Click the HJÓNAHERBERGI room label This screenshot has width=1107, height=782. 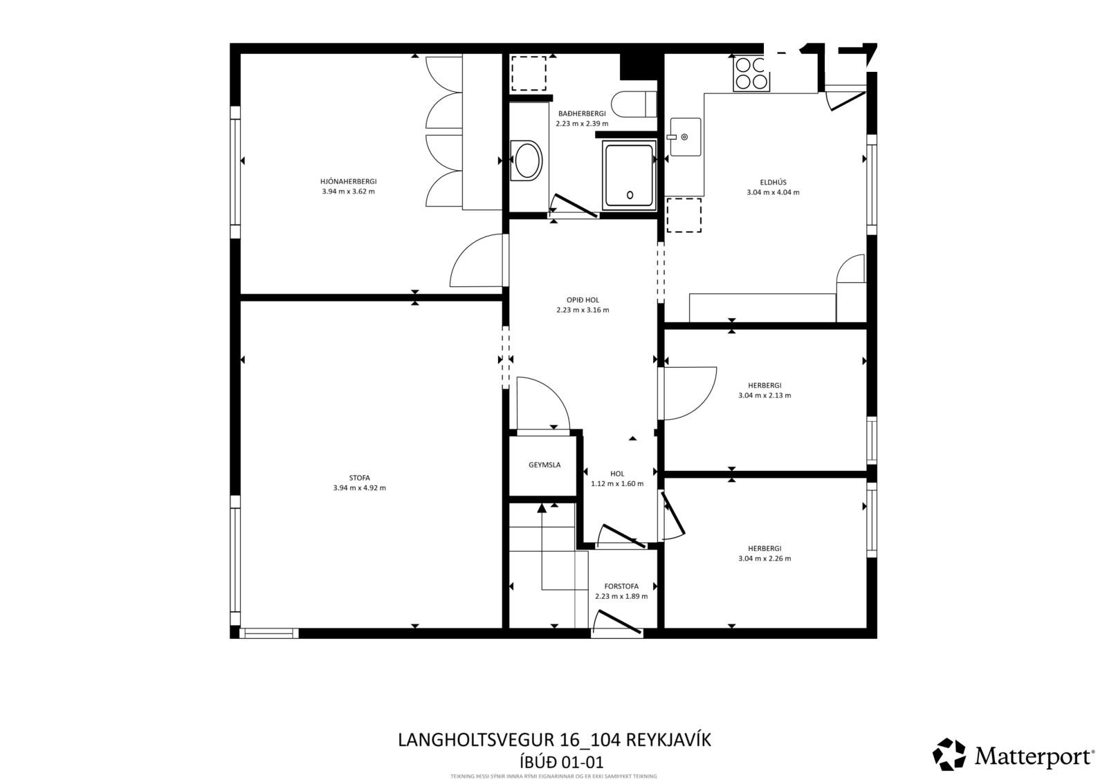click(x=349, y=182)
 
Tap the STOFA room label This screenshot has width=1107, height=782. click(x=359, y=478)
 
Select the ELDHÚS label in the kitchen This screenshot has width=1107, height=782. click(x=773, y=183)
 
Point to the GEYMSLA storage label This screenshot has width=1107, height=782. click(x=545, y=465)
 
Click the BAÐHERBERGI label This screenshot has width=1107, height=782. click(x=582, y=113)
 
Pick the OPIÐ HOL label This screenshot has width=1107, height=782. click(x=583, y=300)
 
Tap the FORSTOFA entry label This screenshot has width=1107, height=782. click(x=621, y=586)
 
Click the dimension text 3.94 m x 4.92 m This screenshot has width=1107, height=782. click(x=359, y=488)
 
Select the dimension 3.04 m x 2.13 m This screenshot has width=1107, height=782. click(x=765, y=395)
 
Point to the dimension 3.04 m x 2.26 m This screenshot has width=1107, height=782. click(x=765, y=559)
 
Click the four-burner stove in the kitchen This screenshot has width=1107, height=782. click(x=751, y=73)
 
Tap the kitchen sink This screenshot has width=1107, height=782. click(x=685, y=137)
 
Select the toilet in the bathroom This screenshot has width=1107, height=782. click(x=634, y=104)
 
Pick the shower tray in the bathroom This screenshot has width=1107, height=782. click(x=629, y=176)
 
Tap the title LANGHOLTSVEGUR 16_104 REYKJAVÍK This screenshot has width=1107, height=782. click(x=554, y=740)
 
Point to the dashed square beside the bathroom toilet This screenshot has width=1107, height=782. click(x=529, y=73)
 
